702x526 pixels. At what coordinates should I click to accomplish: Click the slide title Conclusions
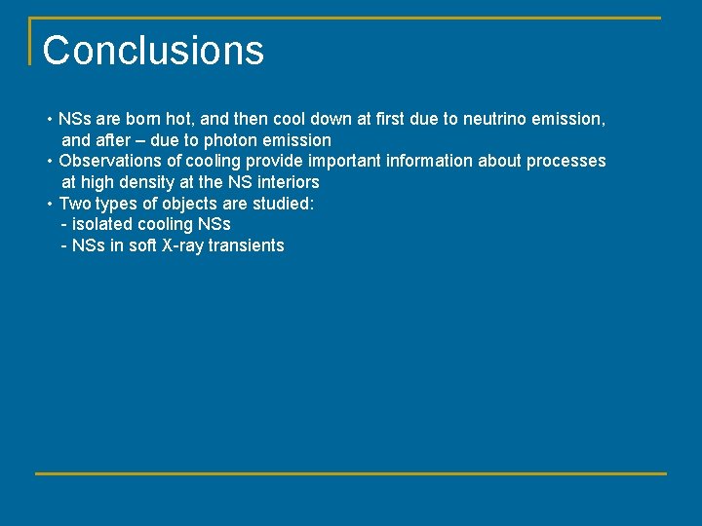[153, 51]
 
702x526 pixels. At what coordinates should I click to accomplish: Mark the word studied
[282, 204]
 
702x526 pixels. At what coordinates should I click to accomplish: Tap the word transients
[247, 246]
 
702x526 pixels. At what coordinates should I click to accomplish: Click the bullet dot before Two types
[50, 204]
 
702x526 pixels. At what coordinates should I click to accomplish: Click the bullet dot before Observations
[50, 161]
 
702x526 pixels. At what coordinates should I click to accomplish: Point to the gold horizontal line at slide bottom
[351, 473]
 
